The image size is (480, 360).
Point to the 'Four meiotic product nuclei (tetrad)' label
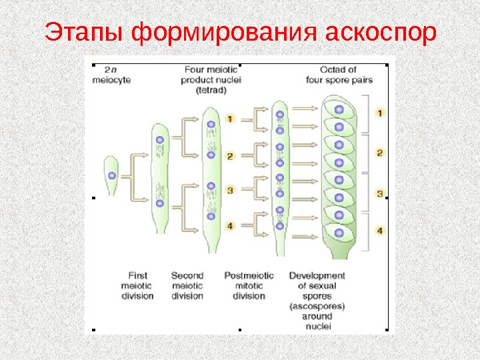pos(212,81)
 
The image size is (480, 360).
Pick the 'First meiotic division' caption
pos(137,285)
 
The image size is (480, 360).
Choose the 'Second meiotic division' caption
pos(187,285)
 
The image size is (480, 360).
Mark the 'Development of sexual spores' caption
pos(317,300)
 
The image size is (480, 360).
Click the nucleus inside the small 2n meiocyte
pos(112,175)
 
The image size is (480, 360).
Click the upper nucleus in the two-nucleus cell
pos(159,140)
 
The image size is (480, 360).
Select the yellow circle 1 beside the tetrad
pos(229,119)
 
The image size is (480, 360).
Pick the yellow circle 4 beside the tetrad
pos(229,226)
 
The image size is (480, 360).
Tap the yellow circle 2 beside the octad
pos(380,153)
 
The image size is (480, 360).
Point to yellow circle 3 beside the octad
pos(380,194)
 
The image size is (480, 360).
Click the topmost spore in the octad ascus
pos(339,109)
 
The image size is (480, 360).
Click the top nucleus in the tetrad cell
pos(211,125)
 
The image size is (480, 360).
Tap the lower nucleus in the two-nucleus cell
pos(159,203)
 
